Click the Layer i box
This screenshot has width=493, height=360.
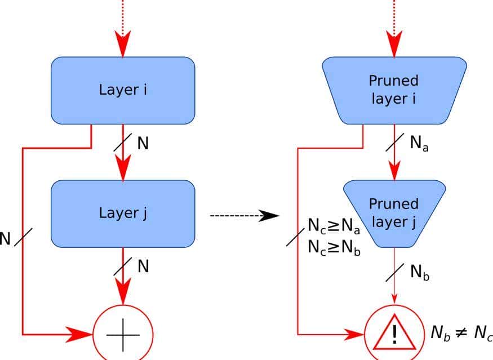point(123,90)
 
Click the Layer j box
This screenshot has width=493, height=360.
point(123,214)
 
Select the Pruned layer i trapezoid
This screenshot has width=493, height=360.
point(394,90)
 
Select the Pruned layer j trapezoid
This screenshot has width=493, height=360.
point(394,214)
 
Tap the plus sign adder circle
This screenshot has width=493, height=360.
point(123,334)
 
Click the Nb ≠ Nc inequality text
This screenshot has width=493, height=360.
point(461,332)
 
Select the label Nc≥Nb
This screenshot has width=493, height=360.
point(334,247)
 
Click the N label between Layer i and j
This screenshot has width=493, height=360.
point(144,143)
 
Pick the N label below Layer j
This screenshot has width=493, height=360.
point(144,266)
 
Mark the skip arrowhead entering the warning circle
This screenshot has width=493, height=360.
point(352,334)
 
